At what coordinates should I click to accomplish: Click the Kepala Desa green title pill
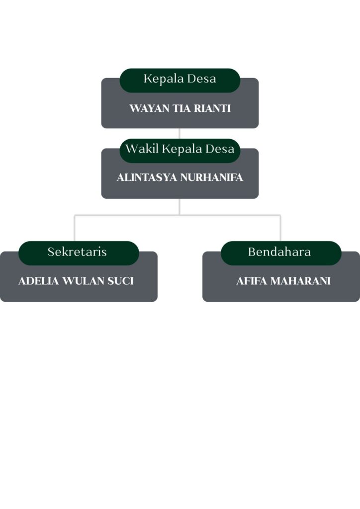(x=180, y=80)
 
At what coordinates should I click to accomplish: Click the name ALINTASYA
(x=147, y=177)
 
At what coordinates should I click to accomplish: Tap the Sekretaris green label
(x=78, y=252)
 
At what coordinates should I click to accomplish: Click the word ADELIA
(x=38, y=281)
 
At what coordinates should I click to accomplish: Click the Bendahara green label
(x=280, y=252)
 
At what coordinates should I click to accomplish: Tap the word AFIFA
(x=252, y=281)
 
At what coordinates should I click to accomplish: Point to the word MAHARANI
(x=300, y=281)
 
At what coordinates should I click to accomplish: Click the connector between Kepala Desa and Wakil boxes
(x=180, y=133)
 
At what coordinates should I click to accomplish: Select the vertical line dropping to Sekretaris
(x=75, y=229)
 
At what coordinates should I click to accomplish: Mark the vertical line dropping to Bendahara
(x=280, y=229)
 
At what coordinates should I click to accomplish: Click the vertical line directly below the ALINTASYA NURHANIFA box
(x=180, y=206)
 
